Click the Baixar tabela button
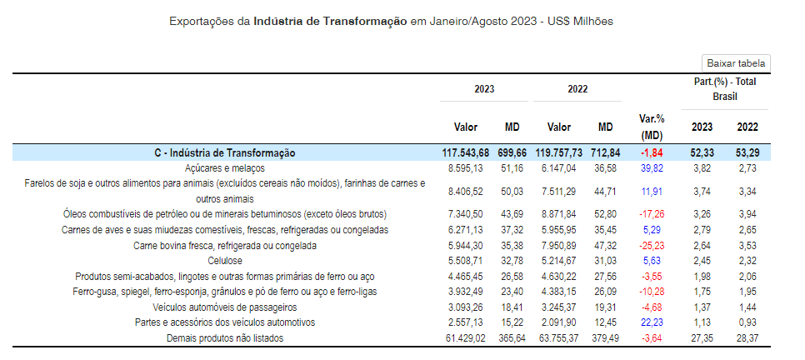coord(736,63)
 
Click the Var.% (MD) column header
coord(651,127)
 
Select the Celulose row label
coord(226,261)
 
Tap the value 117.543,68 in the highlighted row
coord(466,153)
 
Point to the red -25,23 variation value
coord(651,245)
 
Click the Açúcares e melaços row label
coord(226,168)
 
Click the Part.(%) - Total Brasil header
coord(725,89)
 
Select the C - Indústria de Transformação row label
coord(225,153)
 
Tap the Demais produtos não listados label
coord(226,337)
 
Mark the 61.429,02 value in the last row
coord(466,337)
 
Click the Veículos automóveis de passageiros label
coord(226,307)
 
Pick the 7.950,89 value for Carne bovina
coord(559,245)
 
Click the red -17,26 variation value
coord(651,214)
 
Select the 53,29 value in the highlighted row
coord(747,153)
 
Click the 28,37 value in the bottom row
coord(747,337)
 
